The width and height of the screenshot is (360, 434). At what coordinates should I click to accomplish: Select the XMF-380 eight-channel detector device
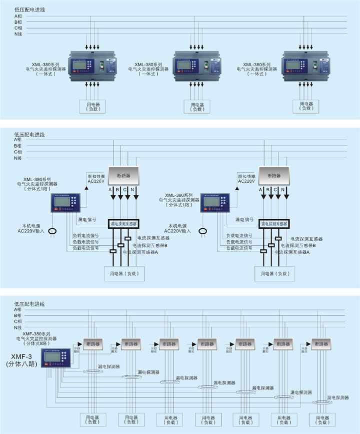pos(57,359)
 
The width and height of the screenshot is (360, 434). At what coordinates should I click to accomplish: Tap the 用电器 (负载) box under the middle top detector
pos(197,107)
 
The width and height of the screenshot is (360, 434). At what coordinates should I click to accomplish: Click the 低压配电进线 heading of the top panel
pos(29,10)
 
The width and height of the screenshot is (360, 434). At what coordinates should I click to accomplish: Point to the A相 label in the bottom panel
pos(18,310)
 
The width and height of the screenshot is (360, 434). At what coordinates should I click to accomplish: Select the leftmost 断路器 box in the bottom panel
pos(92,345)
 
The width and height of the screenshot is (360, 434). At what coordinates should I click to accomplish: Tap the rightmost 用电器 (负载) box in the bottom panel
pos(322,419)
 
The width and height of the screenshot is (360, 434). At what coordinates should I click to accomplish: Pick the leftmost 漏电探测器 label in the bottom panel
pos(108,367)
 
